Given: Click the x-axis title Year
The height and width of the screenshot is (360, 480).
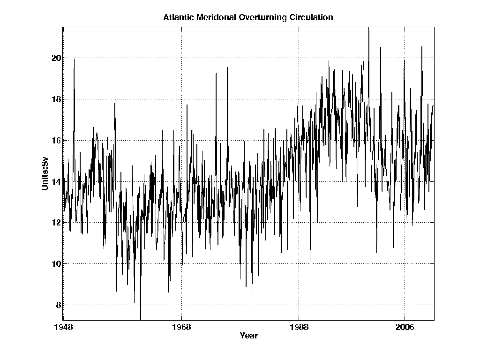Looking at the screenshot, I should coord(248,336).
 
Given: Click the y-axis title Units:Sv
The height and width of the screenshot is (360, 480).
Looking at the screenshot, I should coord(45,174).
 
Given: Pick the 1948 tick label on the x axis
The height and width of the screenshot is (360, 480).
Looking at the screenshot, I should coord(63,327).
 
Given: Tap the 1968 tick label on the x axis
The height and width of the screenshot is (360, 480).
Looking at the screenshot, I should coord(181,327).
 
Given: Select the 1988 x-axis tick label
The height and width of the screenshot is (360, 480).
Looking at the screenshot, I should coord(299,327).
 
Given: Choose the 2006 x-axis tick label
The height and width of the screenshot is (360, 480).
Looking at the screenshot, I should coord(405,327).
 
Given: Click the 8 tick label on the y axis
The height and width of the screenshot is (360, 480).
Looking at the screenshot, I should coord(58,305).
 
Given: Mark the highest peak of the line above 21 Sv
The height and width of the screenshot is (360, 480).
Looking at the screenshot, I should coord(368,29).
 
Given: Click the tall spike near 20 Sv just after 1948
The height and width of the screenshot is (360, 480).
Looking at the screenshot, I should coord(74,59).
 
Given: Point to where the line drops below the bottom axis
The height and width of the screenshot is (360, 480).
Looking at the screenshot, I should coord(141,319).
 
